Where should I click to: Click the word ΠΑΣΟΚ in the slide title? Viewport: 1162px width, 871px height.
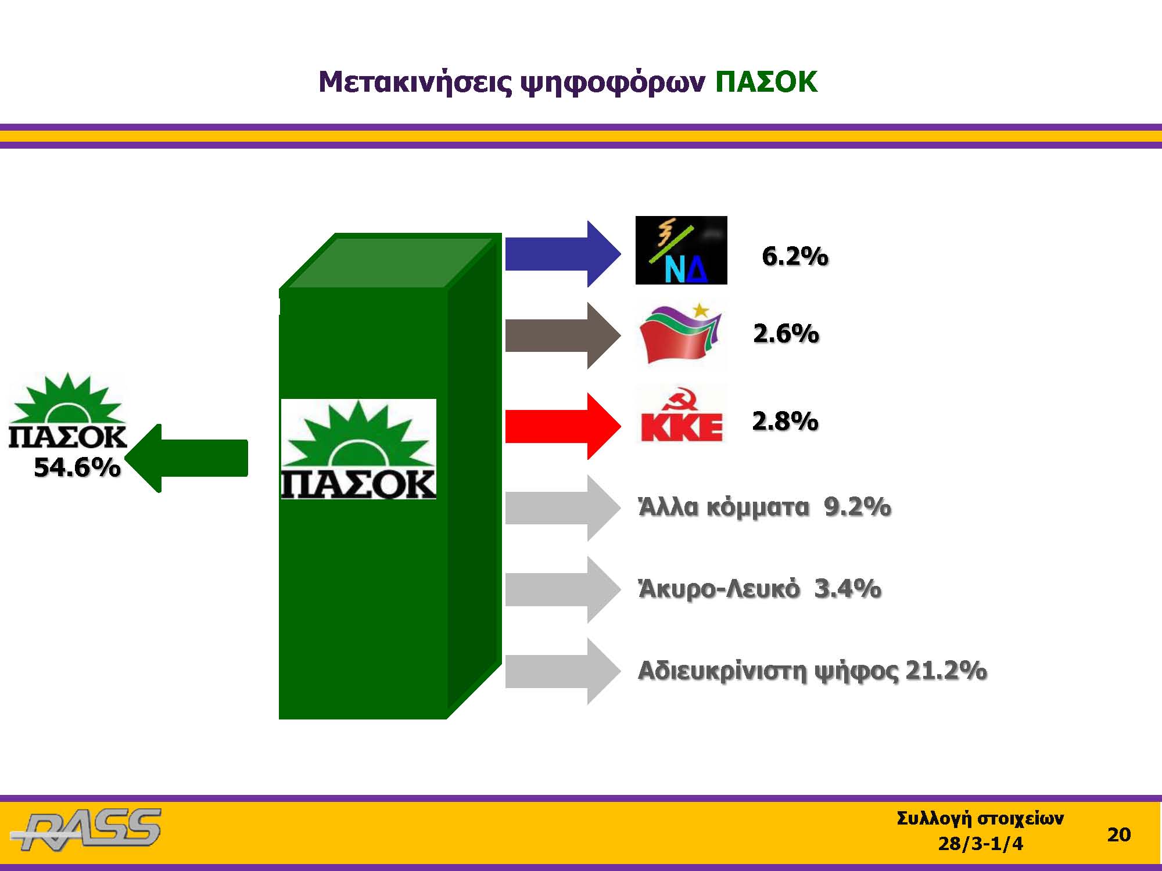coord(766,82)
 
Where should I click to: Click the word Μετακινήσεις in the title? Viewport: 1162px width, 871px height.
coord(415,82)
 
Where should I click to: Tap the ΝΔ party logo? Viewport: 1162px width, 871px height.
coord(681,250)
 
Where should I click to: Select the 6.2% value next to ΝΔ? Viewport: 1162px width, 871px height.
coord(795,256)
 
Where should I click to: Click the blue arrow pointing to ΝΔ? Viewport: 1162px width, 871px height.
coord(563,254)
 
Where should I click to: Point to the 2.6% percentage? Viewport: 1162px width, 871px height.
coord(786,333)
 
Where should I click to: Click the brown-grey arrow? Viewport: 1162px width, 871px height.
coord(563,335)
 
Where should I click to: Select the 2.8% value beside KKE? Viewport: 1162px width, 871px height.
coord(786,421)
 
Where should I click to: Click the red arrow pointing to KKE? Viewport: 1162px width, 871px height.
coord(563,426)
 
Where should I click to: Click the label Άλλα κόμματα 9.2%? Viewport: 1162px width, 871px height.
coord(765,507)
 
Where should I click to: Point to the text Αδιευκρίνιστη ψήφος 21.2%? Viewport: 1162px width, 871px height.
coord(812,671)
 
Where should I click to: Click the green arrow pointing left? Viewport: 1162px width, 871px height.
coord(186,458)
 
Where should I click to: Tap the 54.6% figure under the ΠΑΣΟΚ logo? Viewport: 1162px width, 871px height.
coord(77,467)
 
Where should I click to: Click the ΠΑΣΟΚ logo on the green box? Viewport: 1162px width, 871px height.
coord(358,449)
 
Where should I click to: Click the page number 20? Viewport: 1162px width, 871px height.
coord(1119,834)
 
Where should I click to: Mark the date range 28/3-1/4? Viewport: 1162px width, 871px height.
coord(981,843)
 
